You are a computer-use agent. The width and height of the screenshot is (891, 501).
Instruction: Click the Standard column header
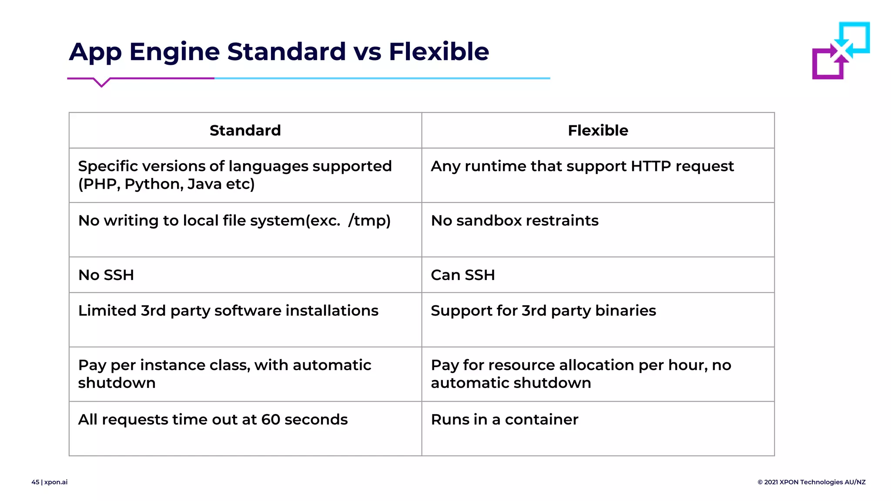click(245, 130)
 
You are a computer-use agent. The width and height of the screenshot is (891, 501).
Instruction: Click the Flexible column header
click(598, 130)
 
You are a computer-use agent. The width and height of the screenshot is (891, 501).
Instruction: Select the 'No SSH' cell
click(106, 275)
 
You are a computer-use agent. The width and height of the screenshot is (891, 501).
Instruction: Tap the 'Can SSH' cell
click(462, 275)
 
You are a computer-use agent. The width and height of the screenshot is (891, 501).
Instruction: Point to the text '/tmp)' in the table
click(369, 221)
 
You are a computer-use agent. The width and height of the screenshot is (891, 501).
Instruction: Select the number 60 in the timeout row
click(270, 420)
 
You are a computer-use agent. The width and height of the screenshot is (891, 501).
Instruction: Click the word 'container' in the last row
click(541, 420)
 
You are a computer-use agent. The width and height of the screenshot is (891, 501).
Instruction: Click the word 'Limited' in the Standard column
click(107, 311)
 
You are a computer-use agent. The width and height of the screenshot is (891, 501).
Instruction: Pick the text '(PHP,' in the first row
click(99, 184)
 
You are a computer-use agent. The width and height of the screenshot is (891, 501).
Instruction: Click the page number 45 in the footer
click(35, 482)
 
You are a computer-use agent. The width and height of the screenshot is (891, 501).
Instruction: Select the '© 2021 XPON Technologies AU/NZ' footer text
click(811, 482)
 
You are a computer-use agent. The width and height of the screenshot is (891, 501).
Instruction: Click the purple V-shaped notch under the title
click(101, 83)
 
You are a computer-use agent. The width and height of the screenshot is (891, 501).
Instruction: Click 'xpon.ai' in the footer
click(56, 482)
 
